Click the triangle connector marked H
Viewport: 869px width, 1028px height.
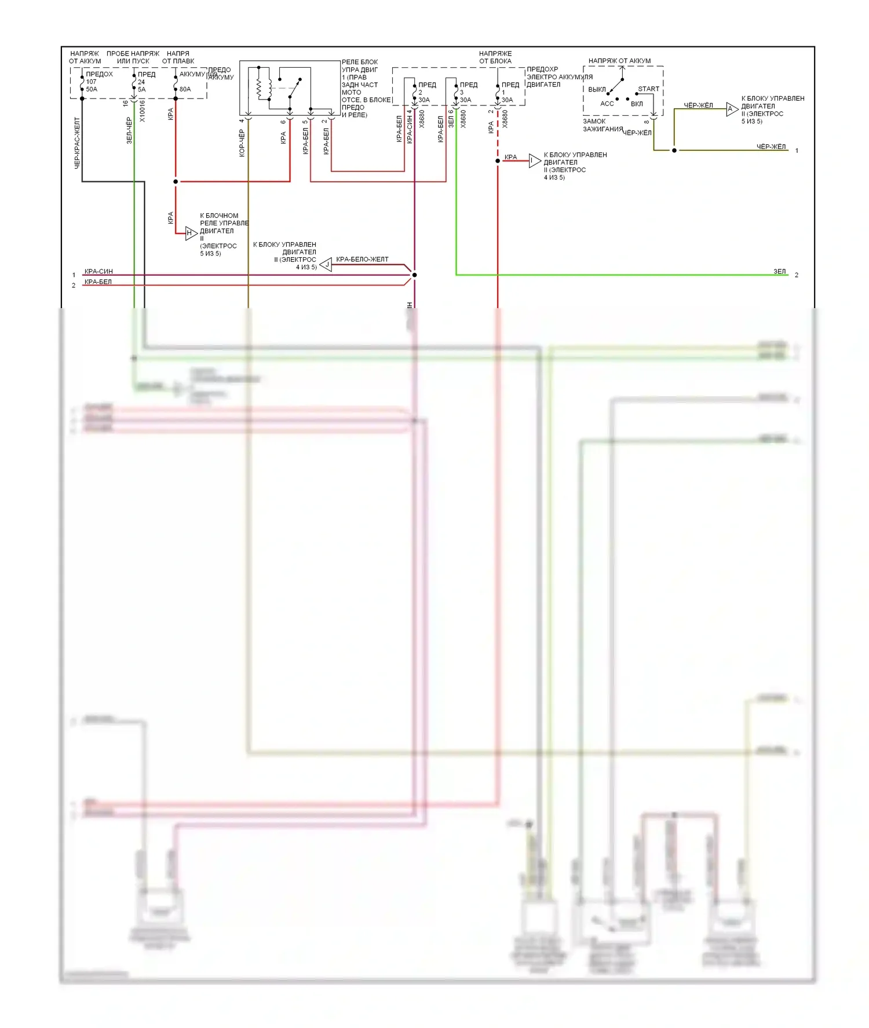tap(191, 233)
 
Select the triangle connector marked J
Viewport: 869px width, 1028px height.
tap(327, 265)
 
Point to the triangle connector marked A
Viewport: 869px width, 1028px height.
tap(732, 109)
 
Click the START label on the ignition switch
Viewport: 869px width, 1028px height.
tap(648, 89)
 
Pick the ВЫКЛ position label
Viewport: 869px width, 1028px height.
tap(597, 90)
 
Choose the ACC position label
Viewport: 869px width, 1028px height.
tap(607, 104)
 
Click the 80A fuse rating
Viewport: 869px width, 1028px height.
tap(185, 89)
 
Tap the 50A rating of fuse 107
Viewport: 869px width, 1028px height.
tap(92, 89)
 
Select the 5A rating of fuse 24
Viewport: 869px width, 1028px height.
tap(142, 89)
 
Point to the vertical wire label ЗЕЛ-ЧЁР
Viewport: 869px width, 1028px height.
tap(129, 130)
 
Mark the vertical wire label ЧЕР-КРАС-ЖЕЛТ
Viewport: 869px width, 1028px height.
tap(77, 143)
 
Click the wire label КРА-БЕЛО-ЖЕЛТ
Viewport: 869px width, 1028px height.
tap(362, 259)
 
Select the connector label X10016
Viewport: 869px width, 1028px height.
tap(143, 111)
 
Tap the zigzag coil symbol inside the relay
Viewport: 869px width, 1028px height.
tap(259, 87)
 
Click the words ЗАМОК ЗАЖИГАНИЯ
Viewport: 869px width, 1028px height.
tap(603, 125)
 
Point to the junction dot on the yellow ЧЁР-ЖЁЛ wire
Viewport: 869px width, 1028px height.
tap(674, 151)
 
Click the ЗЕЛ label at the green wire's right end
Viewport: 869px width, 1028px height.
tap(779, 272)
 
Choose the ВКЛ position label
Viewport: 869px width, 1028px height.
tap(637, 104)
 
